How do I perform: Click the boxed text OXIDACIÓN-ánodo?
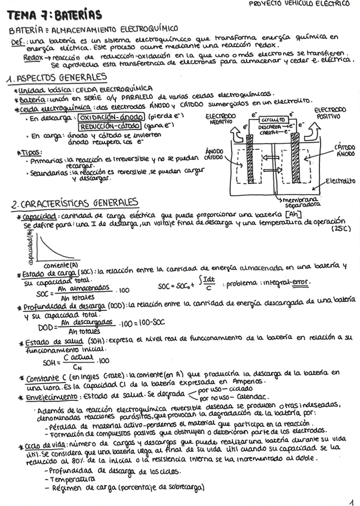pos(108,118)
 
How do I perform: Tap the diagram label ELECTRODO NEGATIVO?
pos(220,118)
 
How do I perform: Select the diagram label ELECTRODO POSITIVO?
pos(330,113)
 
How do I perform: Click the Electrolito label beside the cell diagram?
pos(340,181)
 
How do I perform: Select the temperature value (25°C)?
pos(341,229)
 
